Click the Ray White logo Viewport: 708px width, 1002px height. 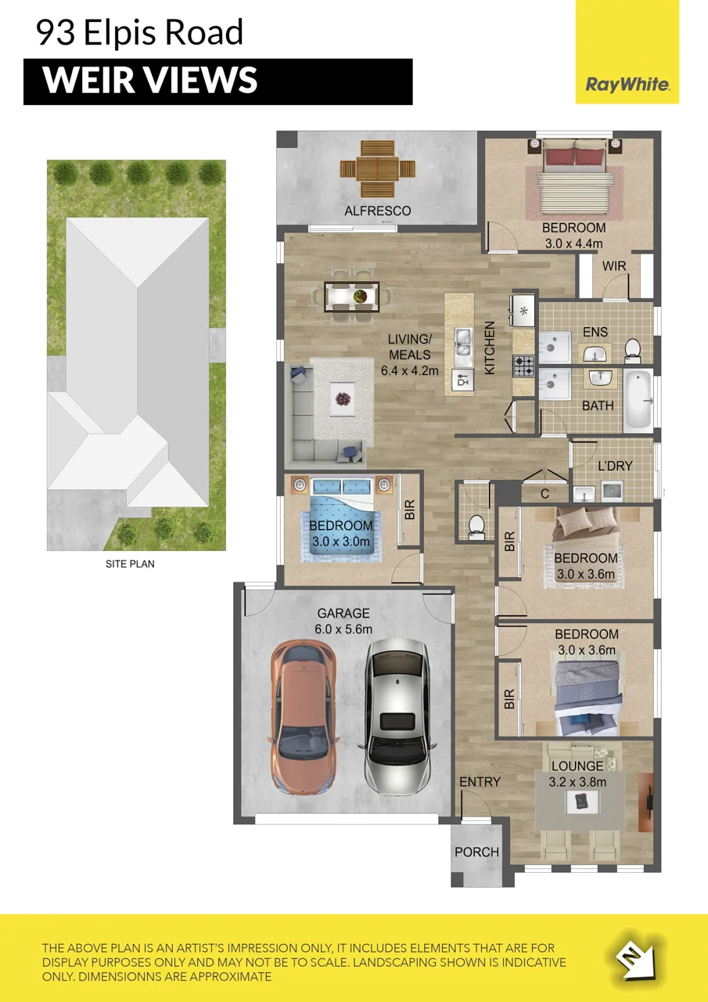tap(627, 84)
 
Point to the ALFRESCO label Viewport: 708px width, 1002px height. tap(377, 211)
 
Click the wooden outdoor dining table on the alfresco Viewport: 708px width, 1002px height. tap(378, 169)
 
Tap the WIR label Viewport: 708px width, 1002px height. tap(613, 266)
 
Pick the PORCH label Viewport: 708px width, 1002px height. tap(476, 852)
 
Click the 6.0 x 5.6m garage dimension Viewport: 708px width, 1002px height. tap(343, 629)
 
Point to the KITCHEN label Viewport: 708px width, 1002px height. tap(490, 348)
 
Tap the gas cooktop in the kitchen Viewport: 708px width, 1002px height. tap(523, 365)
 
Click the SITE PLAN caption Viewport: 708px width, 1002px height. tap(130, 564)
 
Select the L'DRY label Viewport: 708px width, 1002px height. tap(615, 466)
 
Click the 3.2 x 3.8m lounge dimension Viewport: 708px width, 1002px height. tap(577, 782)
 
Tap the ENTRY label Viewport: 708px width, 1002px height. tap(480, 782)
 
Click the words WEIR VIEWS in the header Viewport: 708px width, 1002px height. tap(150, 81)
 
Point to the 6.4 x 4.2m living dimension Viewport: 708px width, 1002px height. tap(409, 370)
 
